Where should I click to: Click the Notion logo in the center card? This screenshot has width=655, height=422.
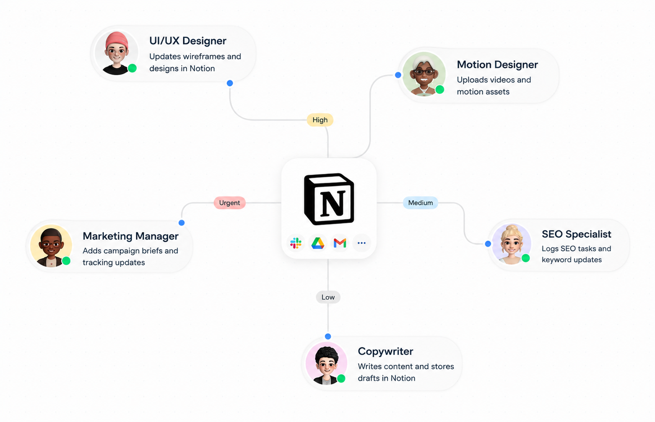click(x=329, y=199)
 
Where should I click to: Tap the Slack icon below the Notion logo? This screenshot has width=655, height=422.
click(x=296, y=243)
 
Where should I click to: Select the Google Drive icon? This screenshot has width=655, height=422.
click(x=317, y=243)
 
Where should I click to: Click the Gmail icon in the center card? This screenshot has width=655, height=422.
click(x=340, y=243)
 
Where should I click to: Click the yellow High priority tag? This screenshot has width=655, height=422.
click(x=320, y=120)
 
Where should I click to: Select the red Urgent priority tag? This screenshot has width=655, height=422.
click(x=229, y=203)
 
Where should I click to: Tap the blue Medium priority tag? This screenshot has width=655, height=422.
click(x=421, y=203)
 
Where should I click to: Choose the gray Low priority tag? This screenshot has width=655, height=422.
click(x=328, y=297)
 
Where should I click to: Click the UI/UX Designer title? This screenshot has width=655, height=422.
click(x=188, y=41)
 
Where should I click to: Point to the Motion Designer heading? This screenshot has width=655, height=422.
click(x=497, y=65)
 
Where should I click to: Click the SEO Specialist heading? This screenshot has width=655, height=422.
click(x=576, y=234)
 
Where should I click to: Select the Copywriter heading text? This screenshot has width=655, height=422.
click(x=385, y=352)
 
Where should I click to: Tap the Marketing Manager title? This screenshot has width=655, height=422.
click(x=130, y=236)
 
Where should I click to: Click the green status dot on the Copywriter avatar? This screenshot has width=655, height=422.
click(x=341, y=378)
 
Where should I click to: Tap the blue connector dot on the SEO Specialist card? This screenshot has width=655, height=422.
click(x=488, y=244)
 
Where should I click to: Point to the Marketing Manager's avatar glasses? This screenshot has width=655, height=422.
click(x=52, y=245)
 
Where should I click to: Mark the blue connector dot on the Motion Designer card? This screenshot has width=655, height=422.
click(x=398, y=75)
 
